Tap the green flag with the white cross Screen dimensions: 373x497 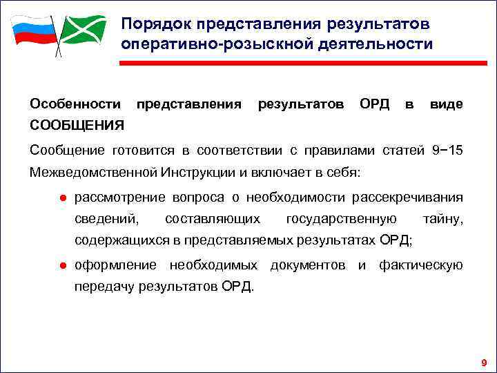84,30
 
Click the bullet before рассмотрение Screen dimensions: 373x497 61,198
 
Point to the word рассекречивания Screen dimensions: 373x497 407,198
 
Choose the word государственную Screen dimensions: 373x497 341,219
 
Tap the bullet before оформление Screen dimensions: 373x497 61,265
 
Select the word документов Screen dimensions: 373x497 308,265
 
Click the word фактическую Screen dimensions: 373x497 420,265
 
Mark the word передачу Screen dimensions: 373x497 104,285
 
